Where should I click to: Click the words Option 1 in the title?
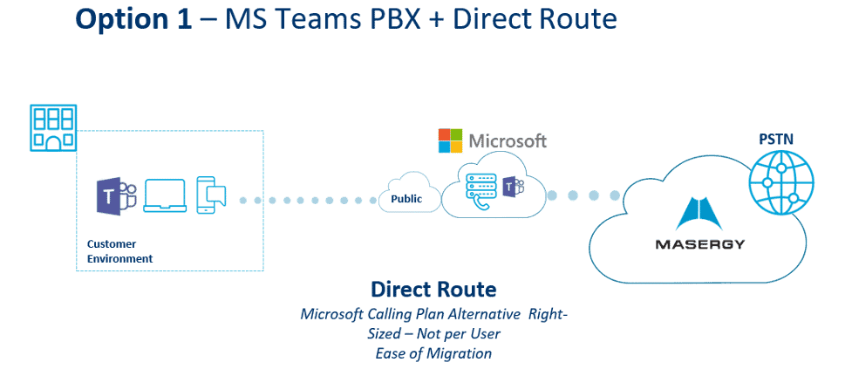(133, 19)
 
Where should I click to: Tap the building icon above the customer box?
(53, 127)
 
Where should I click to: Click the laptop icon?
(164, 195)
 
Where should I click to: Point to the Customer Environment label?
(119, 251)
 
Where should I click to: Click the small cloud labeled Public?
(406, 199)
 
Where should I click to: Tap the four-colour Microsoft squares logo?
(449, 140)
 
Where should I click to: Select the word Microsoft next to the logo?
(508, 140)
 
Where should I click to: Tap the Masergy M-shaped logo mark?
(699, 215)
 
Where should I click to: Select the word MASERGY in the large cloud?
(699, 244)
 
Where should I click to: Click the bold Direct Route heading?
(433, 290)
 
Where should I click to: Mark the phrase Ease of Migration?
(433, 352)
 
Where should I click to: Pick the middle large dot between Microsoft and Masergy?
(594, 195)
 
